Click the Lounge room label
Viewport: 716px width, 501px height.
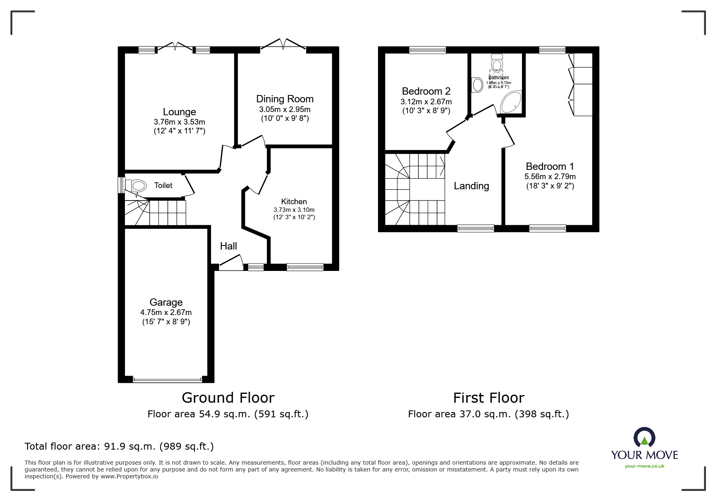click(179, 112)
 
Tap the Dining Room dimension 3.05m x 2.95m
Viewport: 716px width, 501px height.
click(285, 109)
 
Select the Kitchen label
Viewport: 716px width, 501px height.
click(294, 201)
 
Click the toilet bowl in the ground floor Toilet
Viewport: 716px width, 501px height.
click(137, 186)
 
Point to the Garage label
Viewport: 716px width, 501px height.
click(166, 302)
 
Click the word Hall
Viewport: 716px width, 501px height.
click(228, 246)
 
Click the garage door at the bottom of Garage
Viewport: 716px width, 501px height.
click(167, 380)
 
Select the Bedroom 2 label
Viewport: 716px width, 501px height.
click(426, 91)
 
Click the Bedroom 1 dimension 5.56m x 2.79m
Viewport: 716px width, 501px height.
click(550, 176)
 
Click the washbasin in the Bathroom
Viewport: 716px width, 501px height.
click(477, 85)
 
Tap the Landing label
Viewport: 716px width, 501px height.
click(471, 186)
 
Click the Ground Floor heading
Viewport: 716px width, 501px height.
click(228, 398)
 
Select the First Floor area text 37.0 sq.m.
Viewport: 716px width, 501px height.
click(488, 414)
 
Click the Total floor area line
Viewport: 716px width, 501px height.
click(119, 446)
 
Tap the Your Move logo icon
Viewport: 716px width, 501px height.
click(644, 438)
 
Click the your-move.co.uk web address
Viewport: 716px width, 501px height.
click(644, 466)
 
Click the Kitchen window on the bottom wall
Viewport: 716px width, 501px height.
click(305, 267)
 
